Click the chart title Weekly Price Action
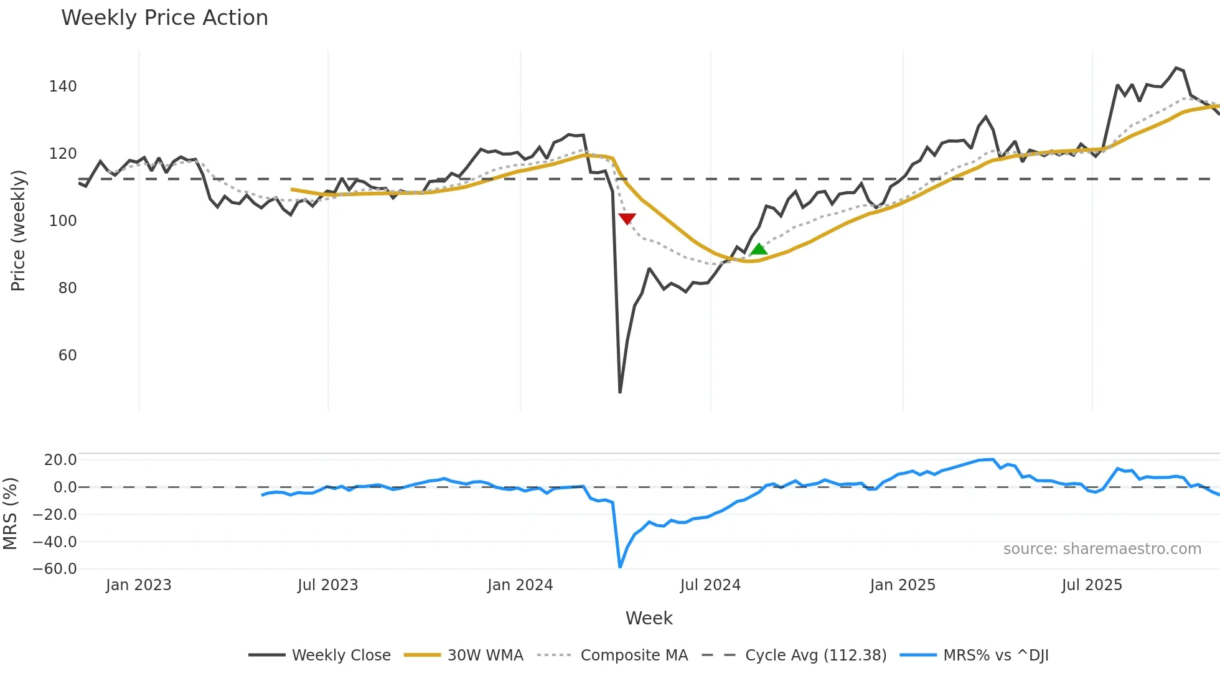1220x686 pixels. (x=164, y=18)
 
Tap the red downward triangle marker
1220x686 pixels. (x=627, y=218)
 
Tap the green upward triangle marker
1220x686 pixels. (x=758, y=250)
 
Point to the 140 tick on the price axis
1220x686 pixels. (x=63, y=87)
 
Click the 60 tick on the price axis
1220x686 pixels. (x=67, y=355)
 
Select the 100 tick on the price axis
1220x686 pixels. (x=63, y=221)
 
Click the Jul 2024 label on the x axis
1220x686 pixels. (x=710, y=585)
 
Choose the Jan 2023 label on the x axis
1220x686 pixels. (x=138, y=585)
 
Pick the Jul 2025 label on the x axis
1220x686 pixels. (x=1092, y=585)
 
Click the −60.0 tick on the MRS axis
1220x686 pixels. (x=55, y=569)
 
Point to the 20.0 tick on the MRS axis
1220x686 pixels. (x=60, y=460)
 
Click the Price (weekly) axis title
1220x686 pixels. (x=18, y=230)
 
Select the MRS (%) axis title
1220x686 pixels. (x=10, y=514)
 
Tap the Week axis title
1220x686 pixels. (x=649, y=618)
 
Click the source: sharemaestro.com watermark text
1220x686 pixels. (x=1102, y=549)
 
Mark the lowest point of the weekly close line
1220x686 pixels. (x=620, y=392)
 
